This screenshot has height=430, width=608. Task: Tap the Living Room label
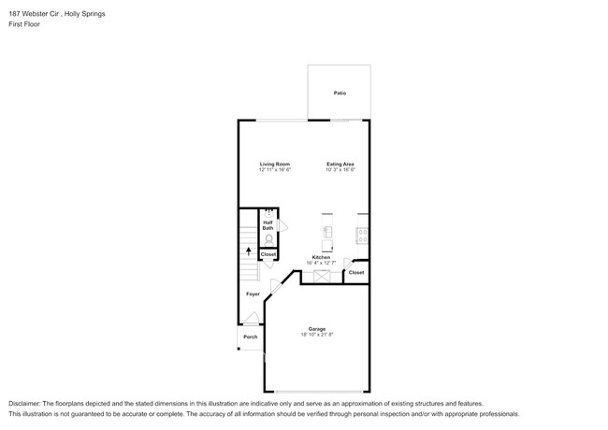coord(275,165)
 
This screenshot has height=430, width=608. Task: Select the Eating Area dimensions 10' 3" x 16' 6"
coord(340,170)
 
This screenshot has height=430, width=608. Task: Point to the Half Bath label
coord(268,225)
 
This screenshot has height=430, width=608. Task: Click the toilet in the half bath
coord(268,239)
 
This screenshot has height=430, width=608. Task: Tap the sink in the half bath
coord(268,212)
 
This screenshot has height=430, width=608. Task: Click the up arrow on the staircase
coord(248,251)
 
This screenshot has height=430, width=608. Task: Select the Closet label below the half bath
coord(268,254)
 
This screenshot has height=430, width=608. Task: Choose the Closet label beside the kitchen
coord(356,272)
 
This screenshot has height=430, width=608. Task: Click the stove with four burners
coord(362,234)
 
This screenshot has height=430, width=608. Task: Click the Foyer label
coord(253,294)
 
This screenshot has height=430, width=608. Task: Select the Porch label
coord(250,337)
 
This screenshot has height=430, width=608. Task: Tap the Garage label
coord(318,328)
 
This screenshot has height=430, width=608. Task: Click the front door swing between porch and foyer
coord(251,318)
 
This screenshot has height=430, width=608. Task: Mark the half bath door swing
coord(283,227)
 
